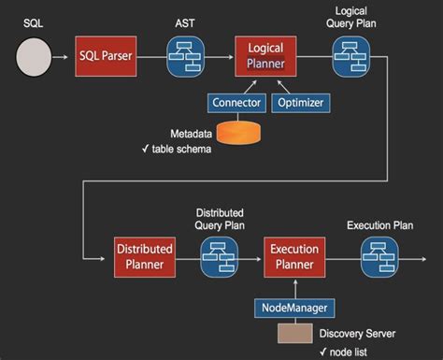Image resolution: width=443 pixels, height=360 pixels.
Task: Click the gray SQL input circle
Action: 33,57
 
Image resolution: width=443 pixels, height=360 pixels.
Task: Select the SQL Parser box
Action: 107,56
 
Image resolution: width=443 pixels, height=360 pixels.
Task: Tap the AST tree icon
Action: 186,57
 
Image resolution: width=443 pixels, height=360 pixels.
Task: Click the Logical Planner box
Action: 266,56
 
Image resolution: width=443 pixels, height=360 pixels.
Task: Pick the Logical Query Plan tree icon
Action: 351,57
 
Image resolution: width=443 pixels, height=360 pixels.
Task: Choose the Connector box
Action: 237,102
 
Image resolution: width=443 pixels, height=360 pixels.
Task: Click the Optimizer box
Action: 298,102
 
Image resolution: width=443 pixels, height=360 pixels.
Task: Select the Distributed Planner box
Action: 145,257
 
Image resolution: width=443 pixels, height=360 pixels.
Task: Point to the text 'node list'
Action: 348,352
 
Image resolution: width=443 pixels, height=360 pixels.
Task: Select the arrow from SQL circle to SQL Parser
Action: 63,57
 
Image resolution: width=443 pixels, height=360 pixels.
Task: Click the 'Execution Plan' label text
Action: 380,225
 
